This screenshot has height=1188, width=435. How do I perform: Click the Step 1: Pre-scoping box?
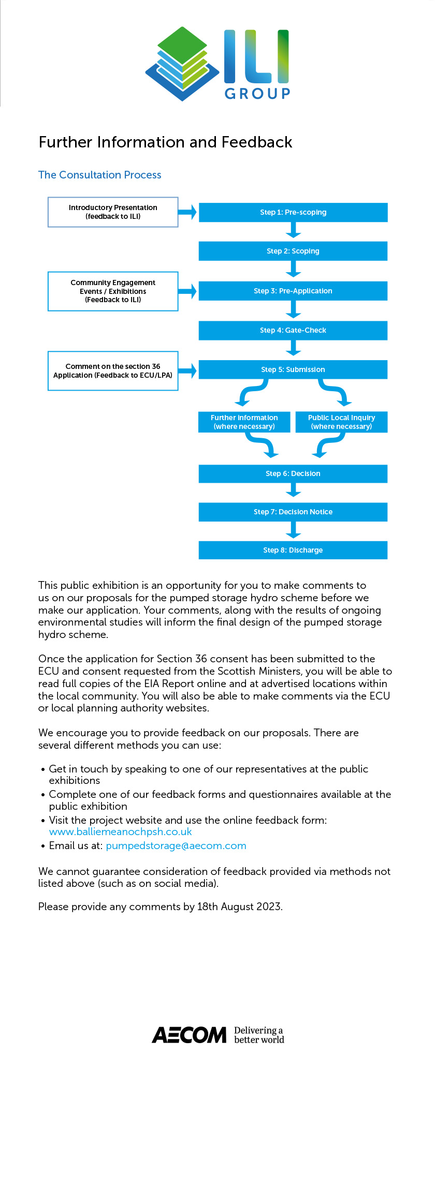pyautogui.click(x=293, y=212)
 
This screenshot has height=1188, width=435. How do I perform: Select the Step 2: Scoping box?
pyautogui.click(x=293, y=251)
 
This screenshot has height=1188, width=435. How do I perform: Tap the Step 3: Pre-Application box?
pyautogui.click(x=293, y=291)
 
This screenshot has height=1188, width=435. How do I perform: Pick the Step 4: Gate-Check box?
pyautogui.click(x=293, y=330)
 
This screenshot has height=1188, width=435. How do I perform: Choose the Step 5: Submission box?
pyautogui.click(x=293, y=369)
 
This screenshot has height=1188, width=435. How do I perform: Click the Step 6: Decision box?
pyautogui.click(x=293, y=473)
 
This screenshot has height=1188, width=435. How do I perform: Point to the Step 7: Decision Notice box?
pyautogui.click(x=293, y=512)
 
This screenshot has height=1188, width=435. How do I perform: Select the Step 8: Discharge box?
pyautogui.click(x=293, y=550)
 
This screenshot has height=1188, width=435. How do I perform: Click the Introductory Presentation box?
pyautogui.click(x=113, y=212)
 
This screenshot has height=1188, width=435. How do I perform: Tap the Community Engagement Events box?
pyautogui.click(x=113, y=291)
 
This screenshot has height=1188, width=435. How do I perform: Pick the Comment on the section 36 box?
pyautogui.click(x=113, y=370)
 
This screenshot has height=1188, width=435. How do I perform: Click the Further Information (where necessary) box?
pyautogui.click(x=244, y=422)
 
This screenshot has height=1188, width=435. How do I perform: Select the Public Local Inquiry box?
pyautogui.click(x=341, y=422)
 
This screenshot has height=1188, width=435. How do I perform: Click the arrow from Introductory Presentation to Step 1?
pyautogui.click(x=187, y=212)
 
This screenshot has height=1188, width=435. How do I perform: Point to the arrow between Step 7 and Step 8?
pyautogui.click(x=293, y=530)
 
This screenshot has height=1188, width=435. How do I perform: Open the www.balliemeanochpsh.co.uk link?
pyautogui.click(x=120, y=831)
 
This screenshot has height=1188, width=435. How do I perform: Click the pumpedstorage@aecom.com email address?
pyautogui.click(x=176, y=845)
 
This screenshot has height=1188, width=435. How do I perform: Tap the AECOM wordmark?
pyautogui.click(x=190, y=1035)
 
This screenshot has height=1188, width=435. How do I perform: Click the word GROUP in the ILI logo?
pyautogui.click(x=257, y=94)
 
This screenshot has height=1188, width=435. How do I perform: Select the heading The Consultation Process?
pyautogui.click(x=100, y=175)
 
